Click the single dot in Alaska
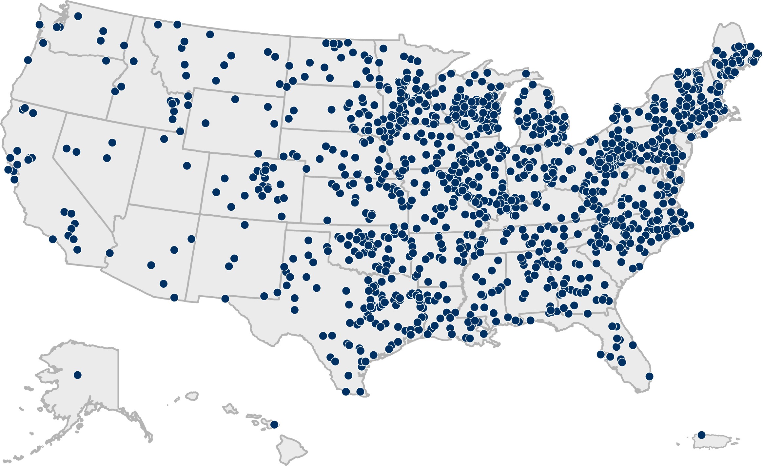click(77, 375)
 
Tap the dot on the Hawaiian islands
click(274, 425)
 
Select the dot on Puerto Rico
click(701, 435)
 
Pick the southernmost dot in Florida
click(649, 376)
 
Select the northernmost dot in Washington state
click(78, 16)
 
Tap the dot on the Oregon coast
click(28, 60)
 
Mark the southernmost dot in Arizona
click(174, 298)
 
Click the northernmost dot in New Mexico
click(245, 225)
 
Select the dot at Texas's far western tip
click(225, 299)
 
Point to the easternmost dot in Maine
click(757, 53)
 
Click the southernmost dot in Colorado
click(282, 216)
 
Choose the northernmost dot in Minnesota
click(383, 49)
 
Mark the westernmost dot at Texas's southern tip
click(346, 392)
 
